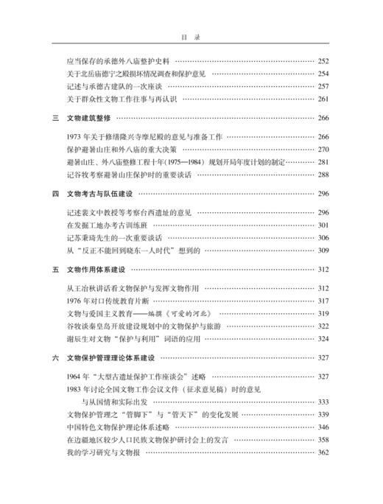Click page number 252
[x=323, y=62]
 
